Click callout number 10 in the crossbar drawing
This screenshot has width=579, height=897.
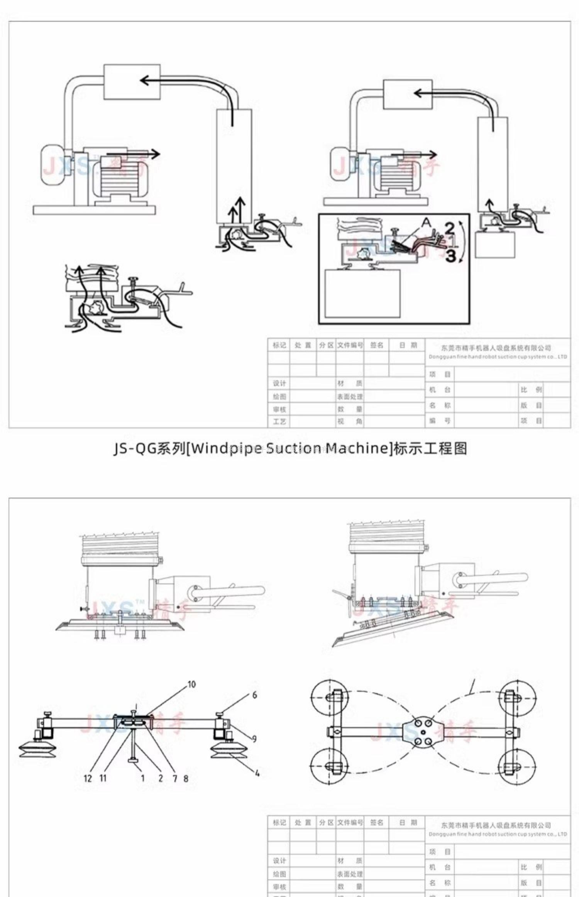click(x=191, y=684)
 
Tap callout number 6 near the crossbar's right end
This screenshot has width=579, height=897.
click(x=254, y=695)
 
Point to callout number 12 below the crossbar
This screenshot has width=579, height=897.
click(x=88, y=778)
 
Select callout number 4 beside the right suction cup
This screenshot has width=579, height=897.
click(x=257, y=773)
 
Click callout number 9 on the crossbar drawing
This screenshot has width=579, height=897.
click(x=254, y=738)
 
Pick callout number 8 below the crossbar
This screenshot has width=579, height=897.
click(x=186, y=778)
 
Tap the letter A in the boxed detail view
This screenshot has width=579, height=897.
click(x=426, y=222)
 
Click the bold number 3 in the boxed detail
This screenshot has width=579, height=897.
click(x=451, y=255)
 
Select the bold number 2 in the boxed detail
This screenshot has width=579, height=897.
click(x=450, y=229)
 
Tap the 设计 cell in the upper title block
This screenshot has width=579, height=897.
click(x=279, y=383)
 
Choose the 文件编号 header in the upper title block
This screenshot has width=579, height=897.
click(x=350, y=345)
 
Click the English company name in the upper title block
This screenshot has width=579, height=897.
click(x=498, y=357)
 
